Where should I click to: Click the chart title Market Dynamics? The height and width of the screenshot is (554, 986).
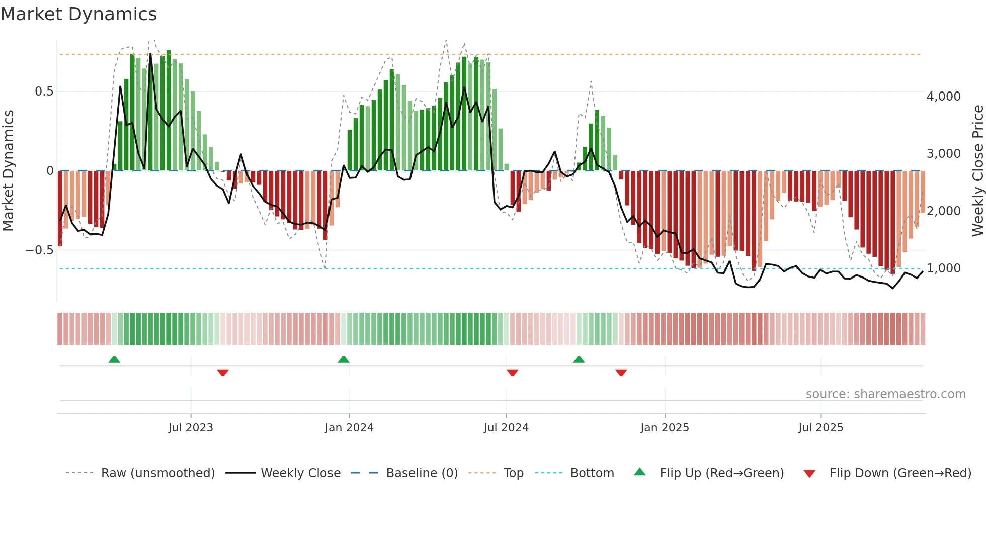(x=78, y=14)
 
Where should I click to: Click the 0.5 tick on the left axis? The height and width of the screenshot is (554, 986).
(x=44, y=91)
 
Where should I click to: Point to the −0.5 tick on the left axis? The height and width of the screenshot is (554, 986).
(x=39, y=250)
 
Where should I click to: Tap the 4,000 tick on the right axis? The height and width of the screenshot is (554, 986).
(x=943, y=97)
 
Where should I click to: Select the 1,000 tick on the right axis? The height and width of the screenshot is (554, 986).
(x=943, y=268)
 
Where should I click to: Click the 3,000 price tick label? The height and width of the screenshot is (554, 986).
(x=943, y=154)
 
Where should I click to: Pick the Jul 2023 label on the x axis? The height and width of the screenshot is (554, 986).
(x=191, y=428)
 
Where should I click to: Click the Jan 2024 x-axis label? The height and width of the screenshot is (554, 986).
(x=349, y=428)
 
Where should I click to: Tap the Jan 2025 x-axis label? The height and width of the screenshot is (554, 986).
(x=665, y=428)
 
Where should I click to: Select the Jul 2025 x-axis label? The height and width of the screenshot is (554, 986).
(x=820, y=428)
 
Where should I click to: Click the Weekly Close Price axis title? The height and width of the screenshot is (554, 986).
(x=977, y=170)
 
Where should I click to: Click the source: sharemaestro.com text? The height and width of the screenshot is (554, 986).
(x=885, y=394)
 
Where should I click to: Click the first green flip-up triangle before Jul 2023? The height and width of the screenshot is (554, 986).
(x=114, y=359)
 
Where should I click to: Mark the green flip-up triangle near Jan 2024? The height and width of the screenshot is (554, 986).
(x=344, y=359)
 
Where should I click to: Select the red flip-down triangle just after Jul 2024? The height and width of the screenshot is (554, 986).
(x=513, y=373)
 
